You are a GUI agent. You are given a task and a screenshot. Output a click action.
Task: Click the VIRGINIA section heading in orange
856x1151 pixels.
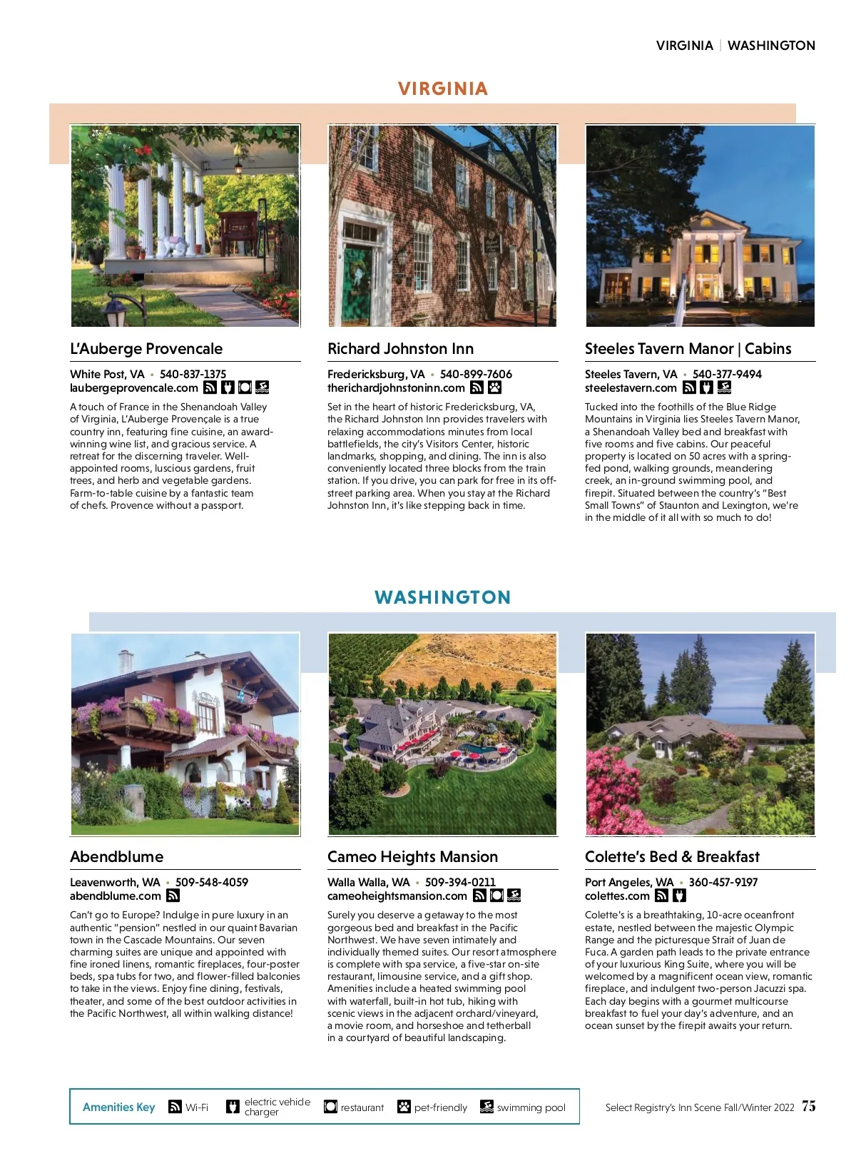tap(443, 89)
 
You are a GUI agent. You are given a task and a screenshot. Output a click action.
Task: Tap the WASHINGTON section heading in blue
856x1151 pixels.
tap(442, 597)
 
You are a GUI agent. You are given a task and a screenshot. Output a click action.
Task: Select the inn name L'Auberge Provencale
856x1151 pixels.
tap(146, 349)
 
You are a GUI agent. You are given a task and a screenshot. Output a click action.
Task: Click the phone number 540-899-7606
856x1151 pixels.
tap(476, 374)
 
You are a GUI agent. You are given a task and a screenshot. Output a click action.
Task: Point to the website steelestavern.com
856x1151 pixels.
tap(631, 388)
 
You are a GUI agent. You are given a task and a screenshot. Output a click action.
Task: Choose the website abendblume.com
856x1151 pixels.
tap(116, 896)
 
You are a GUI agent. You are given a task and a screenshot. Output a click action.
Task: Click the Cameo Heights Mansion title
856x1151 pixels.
tap(412, 857)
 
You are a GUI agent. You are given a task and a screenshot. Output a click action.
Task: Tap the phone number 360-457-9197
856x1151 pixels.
tap(723, 883)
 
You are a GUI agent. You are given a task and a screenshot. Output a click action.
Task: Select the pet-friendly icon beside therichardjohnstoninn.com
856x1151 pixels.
tap(494, 387)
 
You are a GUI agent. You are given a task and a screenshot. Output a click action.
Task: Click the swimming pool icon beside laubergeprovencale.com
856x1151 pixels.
tap(262, 387)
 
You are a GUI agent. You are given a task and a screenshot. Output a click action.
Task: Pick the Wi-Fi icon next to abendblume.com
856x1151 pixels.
tap(173, 896)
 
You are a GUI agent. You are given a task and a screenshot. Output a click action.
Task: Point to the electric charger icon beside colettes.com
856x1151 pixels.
tap(679, 896)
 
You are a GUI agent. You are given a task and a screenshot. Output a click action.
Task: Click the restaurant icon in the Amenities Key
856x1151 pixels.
tap(330, 1107)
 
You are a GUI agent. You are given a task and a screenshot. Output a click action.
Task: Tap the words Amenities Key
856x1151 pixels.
tap(118, 1107)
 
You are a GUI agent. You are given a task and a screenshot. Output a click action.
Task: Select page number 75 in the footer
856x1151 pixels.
tap(808, 1106)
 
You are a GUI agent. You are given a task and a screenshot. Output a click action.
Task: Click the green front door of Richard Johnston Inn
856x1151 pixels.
tap(357, 285)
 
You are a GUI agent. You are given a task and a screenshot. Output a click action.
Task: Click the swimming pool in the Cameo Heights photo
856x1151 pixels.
tap(477, 750)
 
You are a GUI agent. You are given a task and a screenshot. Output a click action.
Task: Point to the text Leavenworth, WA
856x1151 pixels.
tap(115, 883)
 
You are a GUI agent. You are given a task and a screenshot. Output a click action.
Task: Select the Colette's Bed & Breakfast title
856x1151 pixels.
tap(672, 857)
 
